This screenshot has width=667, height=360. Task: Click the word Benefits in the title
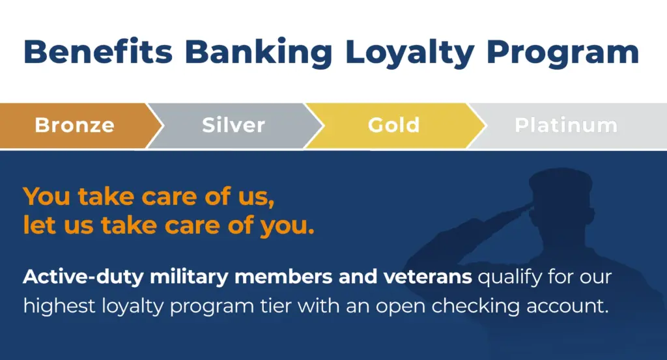click(98, 52)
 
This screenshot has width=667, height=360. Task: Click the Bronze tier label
click(75, 126)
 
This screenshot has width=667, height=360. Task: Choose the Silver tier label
click(234, 126)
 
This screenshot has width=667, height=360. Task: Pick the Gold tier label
click(394, 126)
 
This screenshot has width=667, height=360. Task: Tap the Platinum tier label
click(566, 126)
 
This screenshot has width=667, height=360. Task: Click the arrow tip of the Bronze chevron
click(163, 126)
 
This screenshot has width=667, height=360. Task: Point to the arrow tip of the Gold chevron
click(485, 126)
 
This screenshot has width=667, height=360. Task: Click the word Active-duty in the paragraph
click(83, 277)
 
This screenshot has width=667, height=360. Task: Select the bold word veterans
click(427, 277)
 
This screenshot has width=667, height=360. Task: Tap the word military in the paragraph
click(189, 277)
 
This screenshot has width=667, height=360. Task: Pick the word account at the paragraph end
click(565, 307)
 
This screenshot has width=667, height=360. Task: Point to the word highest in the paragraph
click(59, 307)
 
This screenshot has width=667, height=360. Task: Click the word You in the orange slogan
click(47, 197)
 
